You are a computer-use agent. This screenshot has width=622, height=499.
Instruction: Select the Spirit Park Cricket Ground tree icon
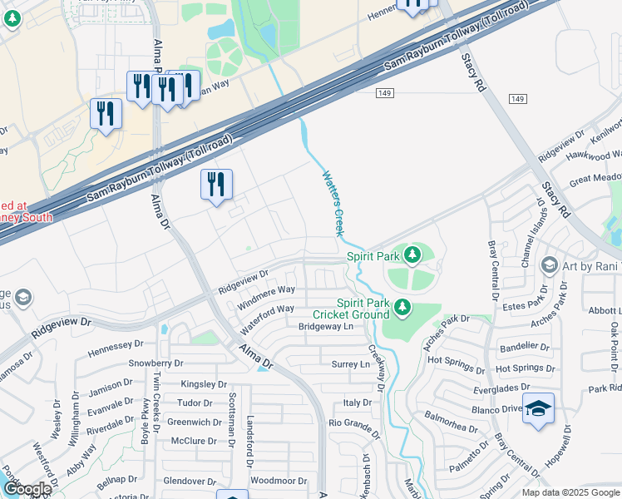(x=402, y=308)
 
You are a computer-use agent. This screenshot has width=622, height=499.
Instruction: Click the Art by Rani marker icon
(x=549, y=265)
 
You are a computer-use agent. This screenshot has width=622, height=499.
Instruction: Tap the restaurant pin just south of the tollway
(x=216, y=185)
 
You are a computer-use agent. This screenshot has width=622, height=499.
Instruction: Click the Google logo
(x=27, y=489)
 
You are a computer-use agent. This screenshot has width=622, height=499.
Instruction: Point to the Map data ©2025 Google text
(x=570, y=492)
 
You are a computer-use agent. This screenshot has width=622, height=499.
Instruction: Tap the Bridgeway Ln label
(x=326, y=327)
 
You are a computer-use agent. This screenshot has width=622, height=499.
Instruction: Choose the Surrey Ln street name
(x=350, y=364)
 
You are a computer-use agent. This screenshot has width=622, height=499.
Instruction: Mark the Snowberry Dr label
(x=155, y=363)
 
